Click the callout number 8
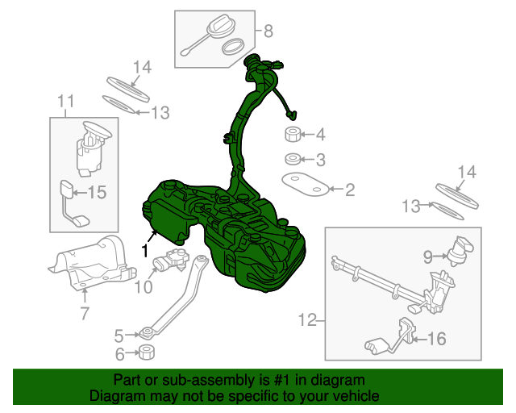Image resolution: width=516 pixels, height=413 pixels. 268,32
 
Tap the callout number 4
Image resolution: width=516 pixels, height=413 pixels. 320,134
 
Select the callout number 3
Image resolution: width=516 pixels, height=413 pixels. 320,159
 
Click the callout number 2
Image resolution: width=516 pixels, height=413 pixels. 349,190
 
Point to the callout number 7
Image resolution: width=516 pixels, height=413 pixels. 85,314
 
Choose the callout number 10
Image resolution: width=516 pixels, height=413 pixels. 143,287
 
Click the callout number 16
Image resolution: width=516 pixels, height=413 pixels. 435,340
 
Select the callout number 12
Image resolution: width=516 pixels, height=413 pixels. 307,320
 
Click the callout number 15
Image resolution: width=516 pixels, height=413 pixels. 97,192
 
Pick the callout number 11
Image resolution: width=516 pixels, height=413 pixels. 65,101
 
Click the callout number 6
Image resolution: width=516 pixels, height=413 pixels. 119,353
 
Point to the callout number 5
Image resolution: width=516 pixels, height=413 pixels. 119,335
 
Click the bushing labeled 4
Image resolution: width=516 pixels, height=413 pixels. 293,133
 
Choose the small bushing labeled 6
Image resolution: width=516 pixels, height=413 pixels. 147,353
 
